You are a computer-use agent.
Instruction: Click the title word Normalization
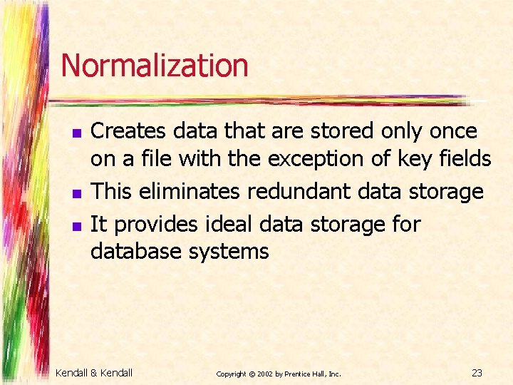(x=155, y=66)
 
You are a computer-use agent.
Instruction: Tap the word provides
(x=157, y=225)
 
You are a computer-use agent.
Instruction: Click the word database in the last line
(x=135, y=252)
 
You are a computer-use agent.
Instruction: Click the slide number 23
(x=477, y=372)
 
